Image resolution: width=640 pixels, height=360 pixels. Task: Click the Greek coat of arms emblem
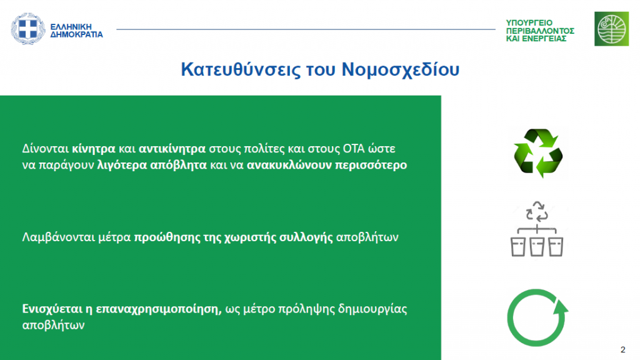[27, 29]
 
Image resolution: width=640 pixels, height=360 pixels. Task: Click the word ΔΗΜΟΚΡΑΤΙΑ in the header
[76, 35]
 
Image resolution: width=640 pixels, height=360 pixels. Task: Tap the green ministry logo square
[611, 29]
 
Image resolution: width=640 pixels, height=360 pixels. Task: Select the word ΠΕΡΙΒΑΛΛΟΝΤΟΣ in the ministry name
[540, 31]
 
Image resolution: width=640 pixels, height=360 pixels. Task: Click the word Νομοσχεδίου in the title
[401, 69]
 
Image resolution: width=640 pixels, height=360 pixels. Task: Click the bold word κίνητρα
[94, 149]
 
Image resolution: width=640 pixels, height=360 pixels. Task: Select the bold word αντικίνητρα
[172, 149]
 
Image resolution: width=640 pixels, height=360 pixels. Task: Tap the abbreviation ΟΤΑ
[354, 149]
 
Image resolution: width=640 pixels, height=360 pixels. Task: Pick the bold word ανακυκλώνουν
[289, 165]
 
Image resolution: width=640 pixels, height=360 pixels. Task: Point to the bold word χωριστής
[250, 237]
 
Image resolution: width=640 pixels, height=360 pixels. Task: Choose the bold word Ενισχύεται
[52, 309]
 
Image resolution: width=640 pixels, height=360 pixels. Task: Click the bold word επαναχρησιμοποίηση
[159, 309]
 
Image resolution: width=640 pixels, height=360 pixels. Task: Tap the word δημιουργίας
[372, 309]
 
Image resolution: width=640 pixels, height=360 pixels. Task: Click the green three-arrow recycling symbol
[538, 154]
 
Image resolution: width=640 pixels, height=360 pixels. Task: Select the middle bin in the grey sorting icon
[537, 246]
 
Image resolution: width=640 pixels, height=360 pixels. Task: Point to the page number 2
[623, 350]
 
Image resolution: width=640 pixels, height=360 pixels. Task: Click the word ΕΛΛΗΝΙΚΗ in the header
[71, 27]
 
